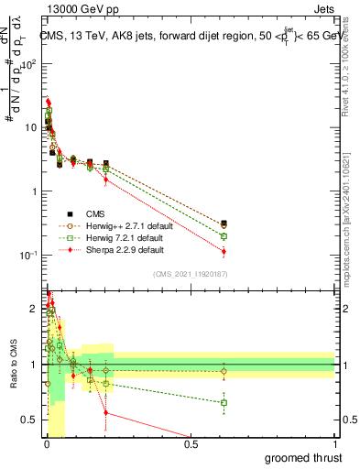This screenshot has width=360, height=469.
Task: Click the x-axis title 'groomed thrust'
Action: pyautogui.click(x=304, y=457)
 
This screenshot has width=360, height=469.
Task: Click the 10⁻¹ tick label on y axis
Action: pyautogui.click(x=30, y=255)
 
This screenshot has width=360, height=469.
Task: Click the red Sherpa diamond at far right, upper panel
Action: pyautogui.click(x=224, y=251)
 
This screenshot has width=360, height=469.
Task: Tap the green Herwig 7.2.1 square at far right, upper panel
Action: pyautogui.click(x=224, y=236)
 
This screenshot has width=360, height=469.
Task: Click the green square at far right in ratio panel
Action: pyautogui.click(x=224, y=403)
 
